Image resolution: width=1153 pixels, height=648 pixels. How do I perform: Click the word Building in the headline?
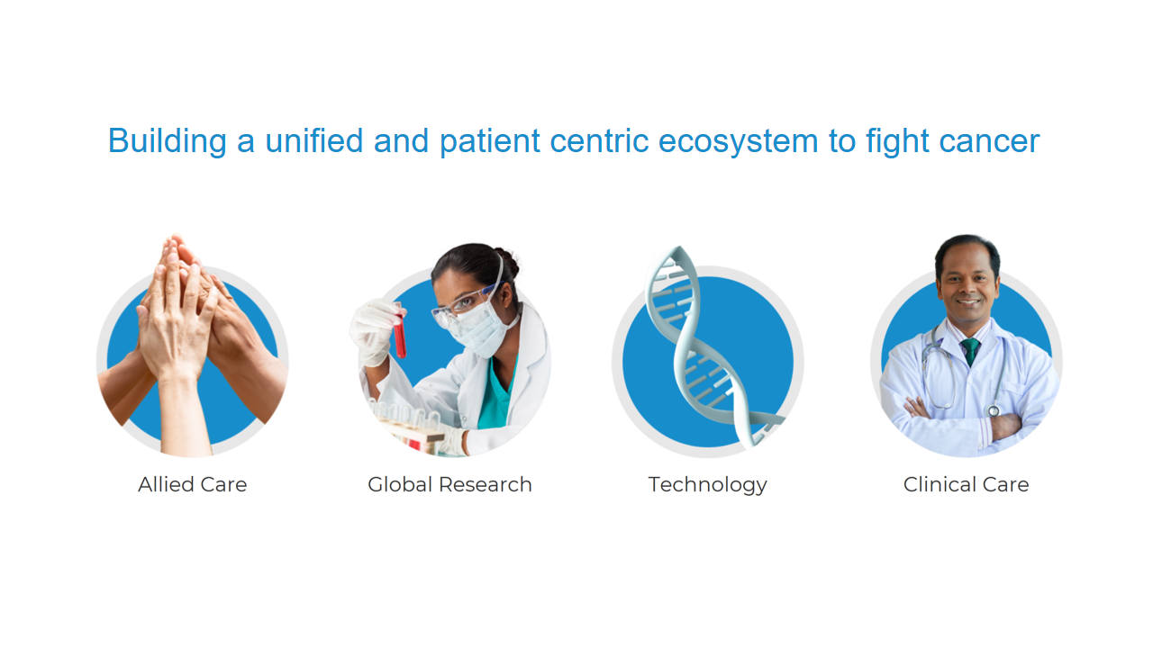pyautogui.click(x=168, y=141)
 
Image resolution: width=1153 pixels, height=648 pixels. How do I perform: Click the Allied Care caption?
pyautogui.click(x=193, y=484)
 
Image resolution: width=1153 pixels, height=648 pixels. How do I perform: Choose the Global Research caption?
pyautogui.click(x=449, y=484)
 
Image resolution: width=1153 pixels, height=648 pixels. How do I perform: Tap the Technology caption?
pyautogui.click(x=708, y=485)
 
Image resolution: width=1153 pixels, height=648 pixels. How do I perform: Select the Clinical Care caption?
pyautogui.click(x=967, y=484)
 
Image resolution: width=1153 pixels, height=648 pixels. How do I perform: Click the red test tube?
pyautogui.click(x=399, y=332)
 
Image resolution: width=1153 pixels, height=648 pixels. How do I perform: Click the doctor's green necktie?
pyautogui.click(x=971, y=351)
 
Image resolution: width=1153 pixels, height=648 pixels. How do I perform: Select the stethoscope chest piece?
pyautogui.click(x=994, y=411)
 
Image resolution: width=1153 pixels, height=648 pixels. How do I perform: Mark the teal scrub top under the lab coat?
pyautogui.click(x=496, y=396)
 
